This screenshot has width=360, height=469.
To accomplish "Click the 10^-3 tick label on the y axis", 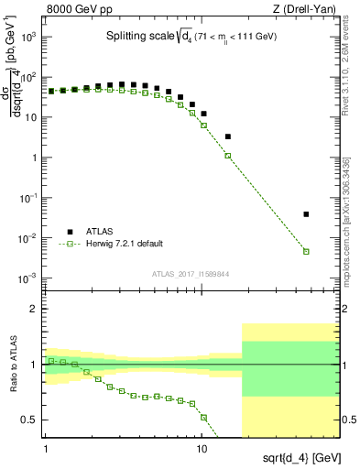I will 28,278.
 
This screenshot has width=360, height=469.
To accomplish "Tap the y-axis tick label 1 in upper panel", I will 36,158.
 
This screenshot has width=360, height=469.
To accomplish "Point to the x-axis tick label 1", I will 46,451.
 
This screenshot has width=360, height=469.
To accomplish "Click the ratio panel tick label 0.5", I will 32,420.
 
